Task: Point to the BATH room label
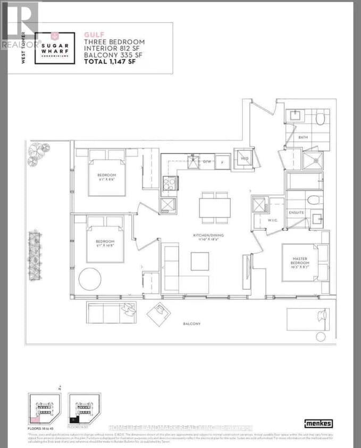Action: point(303,137)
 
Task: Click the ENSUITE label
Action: point(296,212)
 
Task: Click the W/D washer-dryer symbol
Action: point(245,158)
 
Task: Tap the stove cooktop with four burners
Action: point(169,182)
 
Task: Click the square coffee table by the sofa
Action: point(200,260)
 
